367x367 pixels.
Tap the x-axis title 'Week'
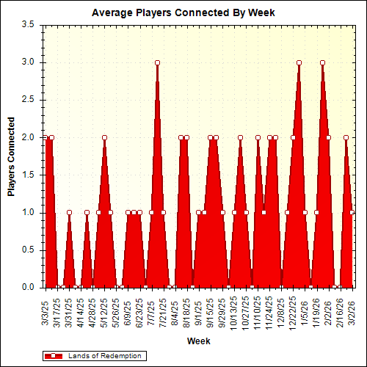198,341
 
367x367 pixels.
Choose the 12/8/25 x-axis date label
281,310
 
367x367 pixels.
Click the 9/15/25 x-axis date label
210,310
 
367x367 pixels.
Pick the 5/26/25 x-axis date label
116,310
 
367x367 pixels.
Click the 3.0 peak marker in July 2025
157,62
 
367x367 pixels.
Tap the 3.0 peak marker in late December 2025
299,62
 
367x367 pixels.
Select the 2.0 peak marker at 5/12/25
104,137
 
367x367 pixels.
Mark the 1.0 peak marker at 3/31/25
69,213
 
